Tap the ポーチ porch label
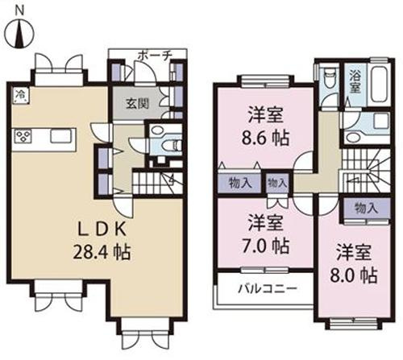[153, 56]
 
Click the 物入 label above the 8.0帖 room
[365, 208]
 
